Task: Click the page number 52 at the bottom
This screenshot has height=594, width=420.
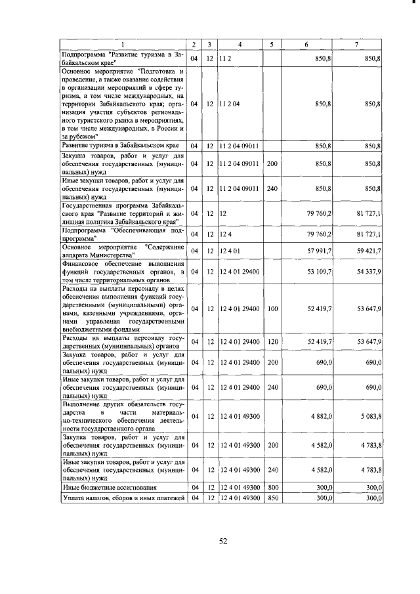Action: coord(222,541)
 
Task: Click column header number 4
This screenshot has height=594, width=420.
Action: coord(240,44)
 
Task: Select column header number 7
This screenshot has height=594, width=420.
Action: coord(356,44)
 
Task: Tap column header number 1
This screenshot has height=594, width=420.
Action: coord(121,44)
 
